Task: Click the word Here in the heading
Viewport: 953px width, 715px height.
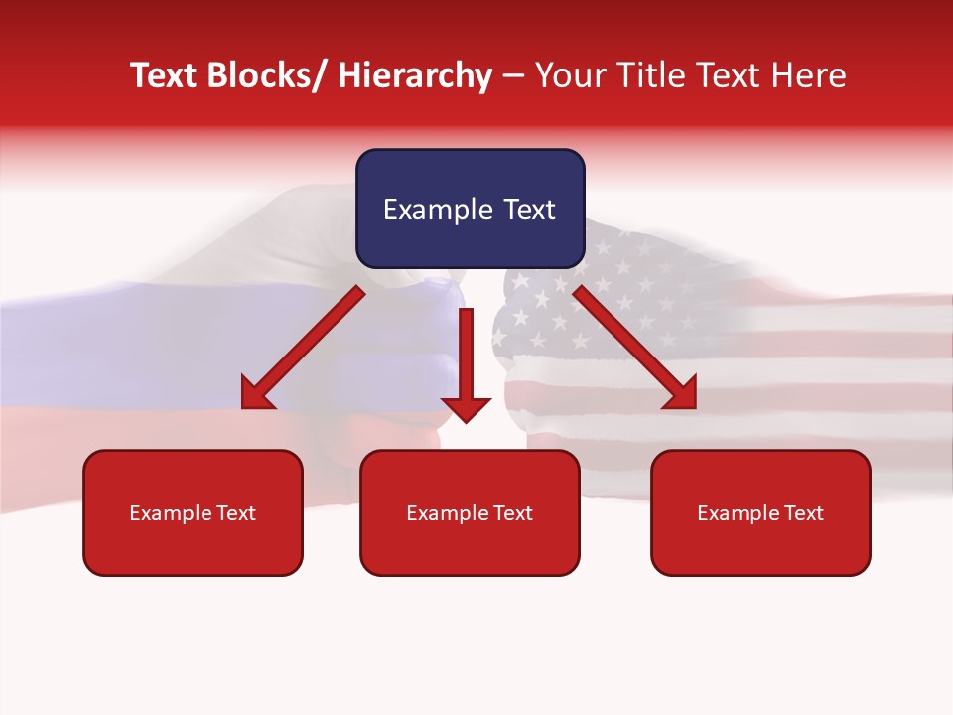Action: coord(809,75)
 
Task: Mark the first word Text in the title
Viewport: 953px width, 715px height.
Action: coord(166,75)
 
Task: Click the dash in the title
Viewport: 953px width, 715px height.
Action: coord(513,76)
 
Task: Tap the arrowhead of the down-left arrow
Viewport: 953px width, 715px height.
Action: coord(257,394)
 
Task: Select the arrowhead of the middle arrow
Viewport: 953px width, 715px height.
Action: coord(467,408)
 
